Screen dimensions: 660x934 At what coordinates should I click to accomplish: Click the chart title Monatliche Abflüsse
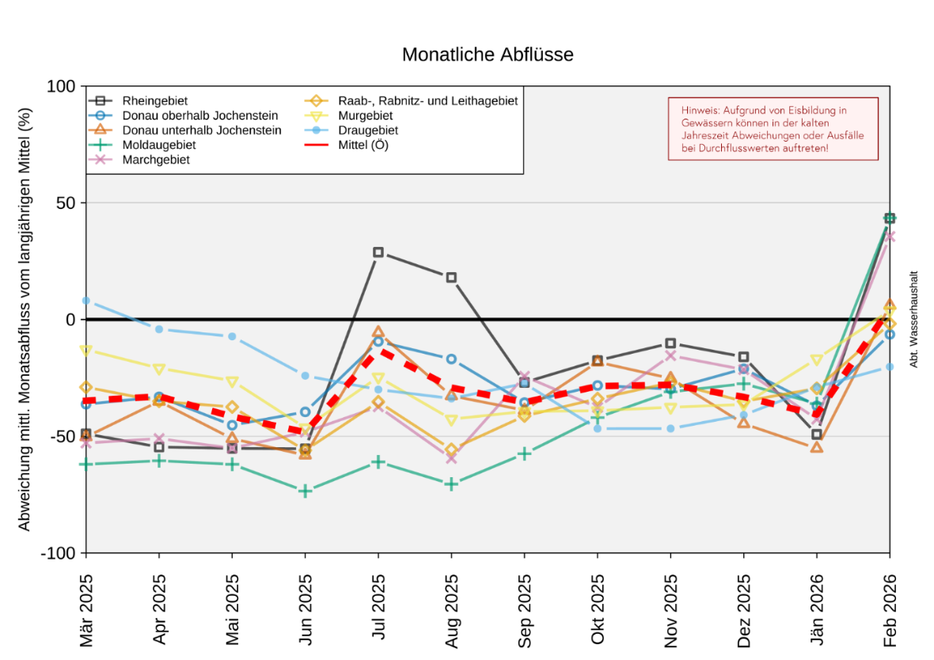tap(488, 55)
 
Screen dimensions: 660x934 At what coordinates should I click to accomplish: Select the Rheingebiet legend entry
tap(154, 101)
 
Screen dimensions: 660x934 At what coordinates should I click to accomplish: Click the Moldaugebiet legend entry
tap(158, 145)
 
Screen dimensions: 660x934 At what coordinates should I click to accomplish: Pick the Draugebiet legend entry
tap(367, 130)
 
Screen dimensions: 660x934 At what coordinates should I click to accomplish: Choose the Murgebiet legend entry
tap(366, 116)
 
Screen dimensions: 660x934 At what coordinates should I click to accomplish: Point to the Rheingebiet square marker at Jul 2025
tap(378, 252)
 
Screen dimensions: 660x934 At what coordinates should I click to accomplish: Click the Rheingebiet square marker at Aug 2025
tap(451, 278)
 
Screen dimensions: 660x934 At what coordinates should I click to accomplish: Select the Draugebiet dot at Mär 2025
tap(86, 301)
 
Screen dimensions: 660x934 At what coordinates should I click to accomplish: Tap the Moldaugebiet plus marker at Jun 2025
tap(306, 491)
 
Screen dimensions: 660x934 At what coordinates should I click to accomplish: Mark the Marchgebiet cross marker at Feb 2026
tap(890, 236)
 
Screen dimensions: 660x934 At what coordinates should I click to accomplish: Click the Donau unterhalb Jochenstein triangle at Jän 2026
tap(817, 448)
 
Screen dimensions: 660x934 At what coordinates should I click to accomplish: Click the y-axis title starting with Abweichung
tap(25, 320)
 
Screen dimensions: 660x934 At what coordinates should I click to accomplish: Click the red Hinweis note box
tap(773, 129)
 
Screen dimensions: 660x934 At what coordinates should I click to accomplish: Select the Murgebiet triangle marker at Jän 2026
tap(817, 361)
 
